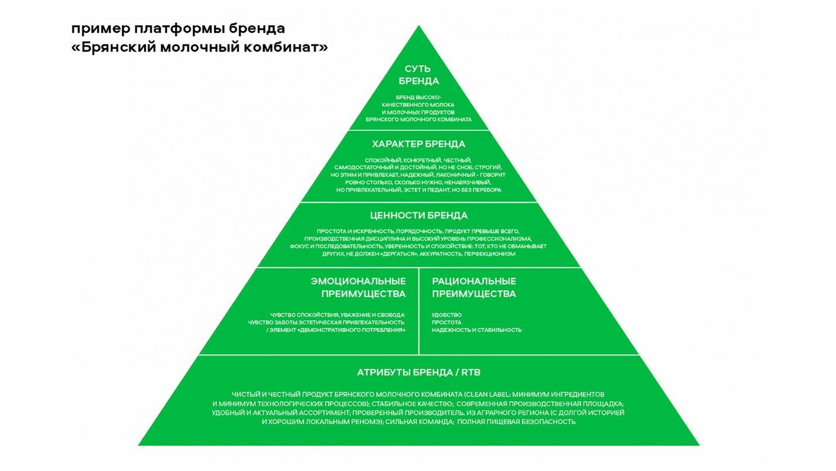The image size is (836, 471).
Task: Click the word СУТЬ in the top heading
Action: click(418, 69)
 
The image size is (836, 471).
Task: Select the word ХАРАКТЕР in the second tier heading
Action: click(397, 144)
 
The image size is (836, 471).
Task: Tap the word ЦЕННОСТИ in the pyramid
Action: click(397, 215)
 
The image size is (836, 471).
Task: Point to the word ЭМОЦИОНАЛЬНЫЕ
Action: click(358, 281)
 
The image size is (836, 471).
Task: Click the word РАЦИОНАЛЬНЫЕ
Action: click(474, 281)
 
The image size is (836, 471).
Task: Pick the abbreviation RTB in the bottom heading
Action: click(470, 372)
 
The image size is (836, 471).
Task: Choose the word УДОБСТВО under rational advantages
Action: click(446, 315)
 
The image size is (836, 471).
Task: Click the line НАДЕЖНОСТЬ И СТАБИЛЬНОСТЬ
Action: click(477, 330)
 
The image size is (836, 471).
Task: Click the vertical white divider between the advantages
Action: click(419, 311)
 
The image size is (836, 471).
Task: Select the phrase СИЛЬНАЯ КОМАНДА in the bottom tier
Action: click(419, 422)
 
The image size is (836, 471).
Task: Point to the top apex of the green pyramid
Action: click(419, 25)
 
